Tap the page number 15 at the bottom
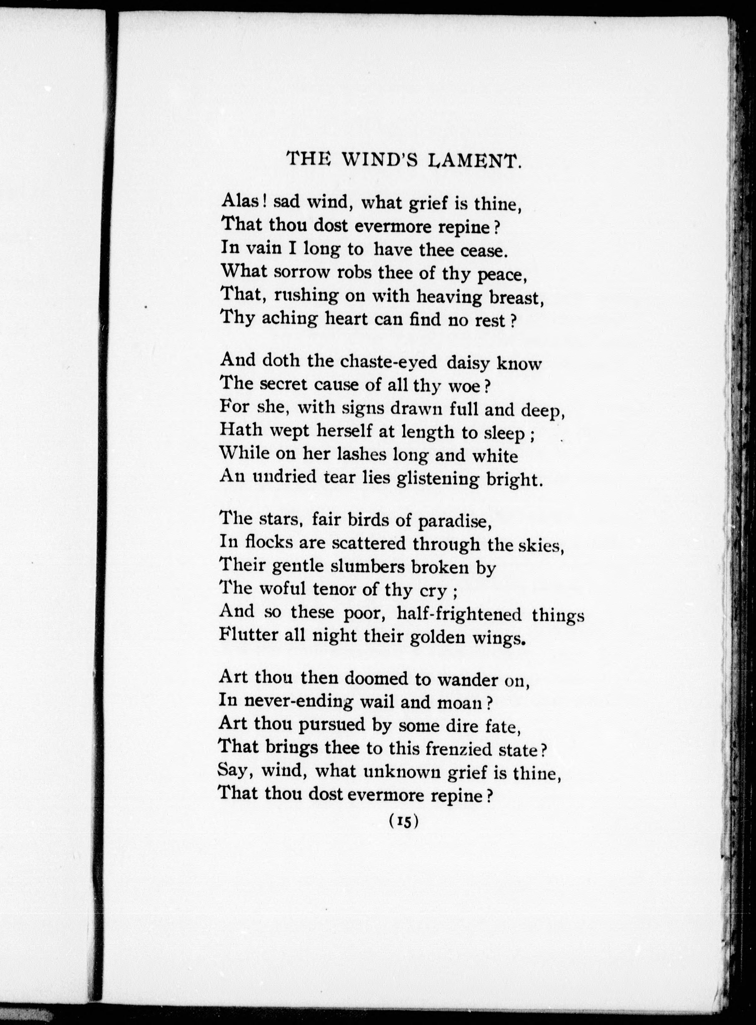click(x=403, y=822)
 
